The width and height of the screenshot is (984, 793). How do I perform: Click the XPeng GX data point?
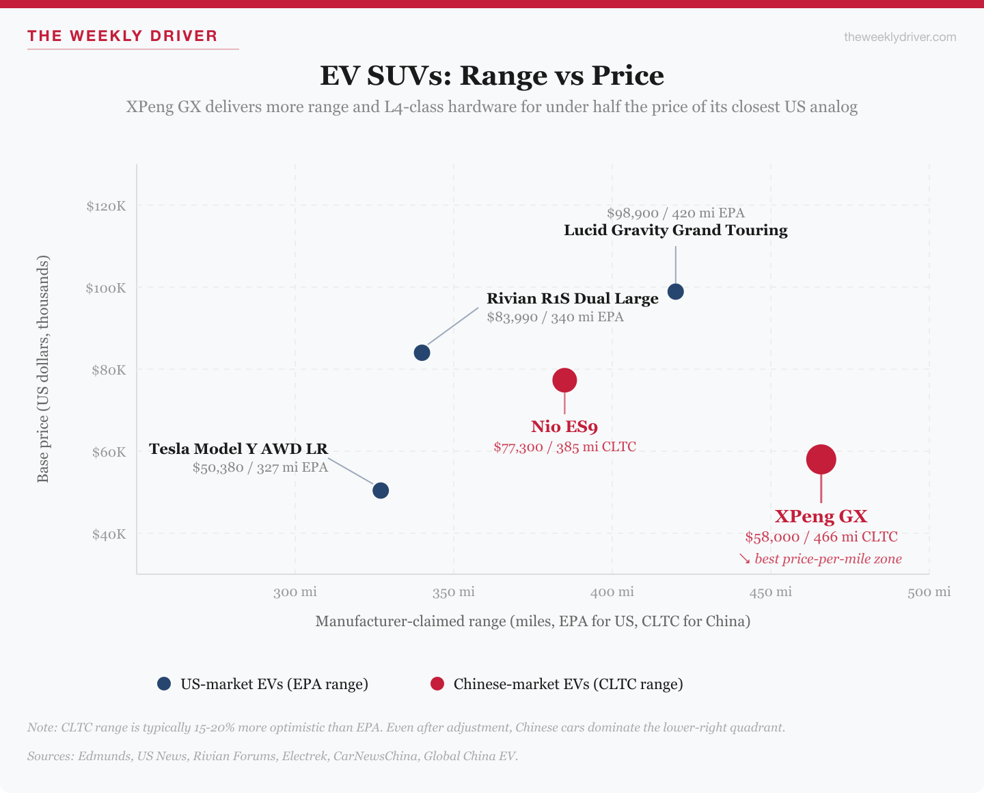point(821,459)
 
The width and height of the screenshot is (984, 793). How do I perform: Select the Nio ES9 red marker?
point(564,380)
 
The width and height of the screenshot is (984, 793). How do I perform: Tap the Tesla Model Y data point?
point(381,490)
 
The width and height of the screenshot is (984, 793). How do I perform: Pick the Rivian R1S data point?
point(422,353)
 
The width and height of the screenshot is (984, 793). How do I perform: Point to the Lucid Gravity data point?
point(675,292)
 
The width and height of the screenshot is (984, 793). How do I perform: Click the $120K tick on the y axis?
point(106,206)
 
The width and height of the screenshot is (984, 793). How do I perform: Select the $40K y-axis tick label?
point(109,534)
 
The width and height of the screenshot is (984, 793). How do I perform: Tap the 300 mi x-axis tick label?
point(295,592)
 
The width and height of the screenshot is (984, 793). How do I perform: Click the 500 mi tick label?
point(929,592)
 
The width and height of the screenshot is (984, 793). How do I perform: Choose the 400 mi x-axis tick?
point(612,592)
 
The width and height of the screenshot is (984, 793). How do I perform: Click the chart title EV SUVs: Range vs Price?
point(492,75)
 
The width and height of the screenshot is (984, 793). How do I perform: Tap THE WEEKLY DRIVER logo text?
point(122,36)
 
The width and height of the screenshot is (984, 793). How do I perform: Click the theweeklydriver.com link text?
point(900,37)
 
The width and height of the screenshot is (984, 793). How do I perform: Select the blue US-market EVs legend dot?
point(164,684)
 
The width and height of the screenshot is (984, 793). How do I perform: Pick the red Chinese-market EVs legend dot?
point(437,684)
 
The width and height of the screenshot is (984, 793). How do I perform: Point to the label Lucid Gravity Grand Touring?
point(675,230)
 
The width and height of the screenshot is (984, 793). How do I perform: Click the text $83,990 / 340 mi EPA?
point(555,317)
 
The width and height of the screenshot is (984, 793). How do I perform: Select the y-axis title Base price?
point(43,369)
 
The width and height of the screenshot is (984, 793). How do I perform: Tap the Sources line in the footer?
point(273,756)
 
